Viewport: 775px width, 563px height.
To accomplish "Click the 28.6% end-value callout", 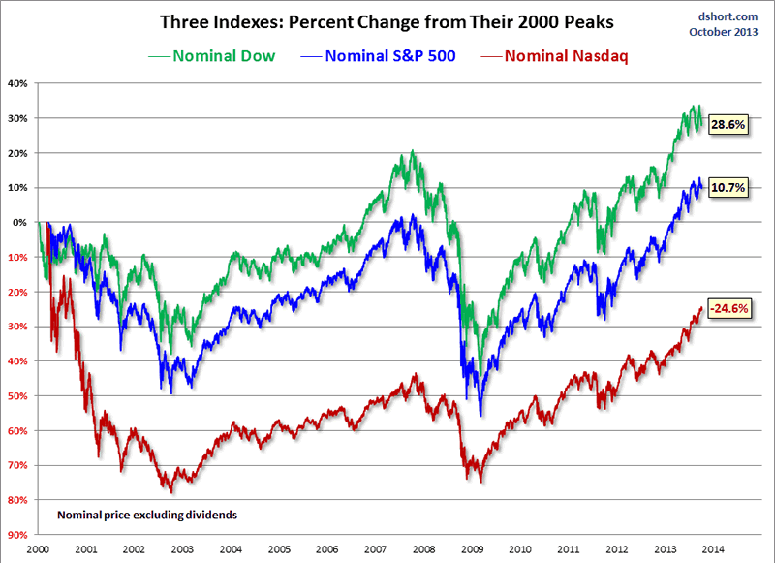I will click(x=727, y=127).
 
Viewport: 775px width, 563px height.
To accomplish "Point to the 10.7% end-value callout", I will click(x=727, y=189).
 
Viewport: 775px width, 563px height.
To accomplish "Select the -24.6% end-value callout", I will click(x=728, y=309).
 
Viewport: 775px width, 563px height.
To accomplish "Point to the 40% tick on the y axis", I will click(x=18, y=83).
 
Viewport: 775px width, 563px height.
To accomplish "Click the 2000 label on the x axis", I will click(x=40, y=547).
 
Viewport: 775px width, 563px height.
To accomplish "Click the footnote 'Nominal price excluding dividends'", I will click(x=147, y=515).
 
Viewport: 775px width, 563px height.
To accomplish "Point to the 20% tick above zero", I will click(x=18, y=153).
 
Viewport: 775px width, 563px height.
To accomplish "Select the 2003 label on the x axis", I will click(x=182, y=547).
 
